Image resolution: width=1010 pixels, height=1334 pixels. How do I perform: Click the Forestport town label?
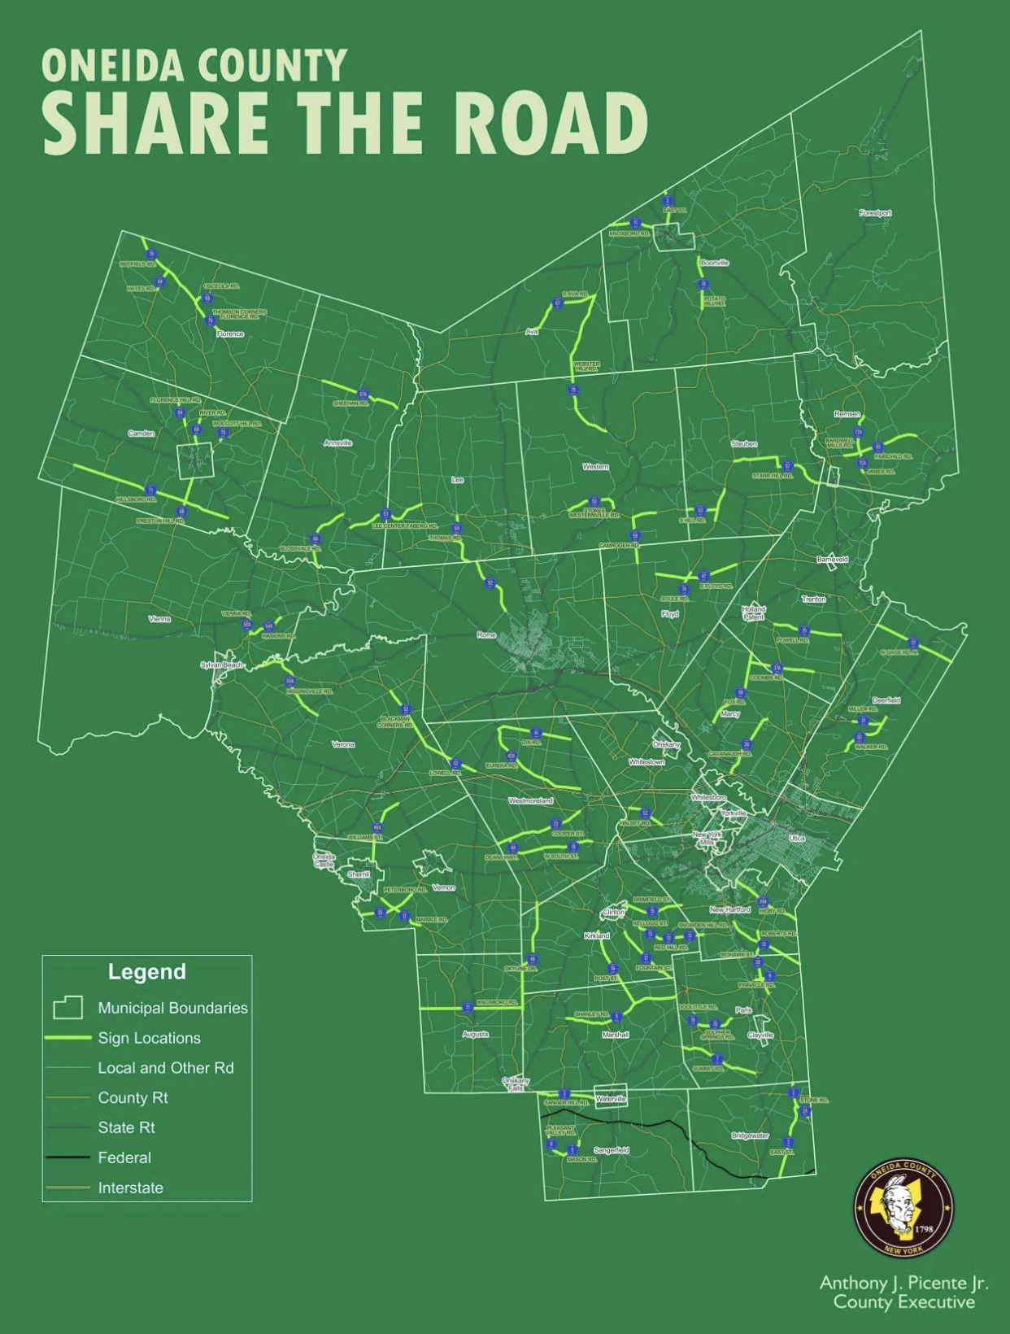click(875, 213)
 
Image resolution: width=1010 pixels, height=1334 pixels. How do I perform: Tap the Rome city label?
click(486, 634)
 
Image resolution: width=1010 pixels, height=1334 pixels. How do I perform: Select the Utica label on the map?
click(796, 838)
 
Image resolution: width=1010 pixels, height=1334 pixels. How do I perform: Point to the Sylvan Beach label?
click(222, 665)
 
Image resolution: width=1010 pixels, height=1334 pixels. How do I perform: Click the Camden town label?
click(141, 434)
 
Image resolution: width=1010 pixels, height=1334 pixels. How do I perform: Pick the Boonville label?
click(715, 263)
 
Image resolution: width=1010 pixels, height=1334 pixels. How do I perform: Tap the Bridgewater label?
click(750, 1136)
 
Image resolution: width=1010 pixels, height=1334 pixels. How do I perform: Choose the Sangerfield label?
click(611, 1150)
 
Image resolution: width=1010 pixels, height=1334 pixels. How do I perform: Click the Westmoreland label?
click(530, 801)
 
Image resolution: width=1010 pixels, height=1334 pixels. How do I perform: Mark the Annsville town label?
click(337, 443)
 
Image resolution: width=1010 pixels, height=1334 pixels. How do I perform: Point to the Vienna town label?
click(159, 619)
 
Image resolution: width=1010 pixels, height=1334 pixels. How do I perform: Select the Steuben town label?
click(743, 444)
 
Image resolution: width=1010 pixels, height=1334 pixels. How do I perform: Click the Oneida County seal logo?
click(903, 1207)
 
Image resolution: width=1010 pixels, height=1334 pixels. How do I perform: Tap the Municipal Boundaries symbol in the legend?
click(68, 1008)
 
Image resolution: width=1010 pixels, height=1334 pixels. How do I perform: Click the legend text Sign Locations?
click(149, 1038)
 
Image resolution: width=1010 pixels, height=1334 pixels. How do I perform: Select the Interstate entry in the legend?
click(130, 1188)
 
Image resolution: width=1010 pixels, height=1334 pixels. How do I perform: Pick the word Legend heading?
click(147, 972)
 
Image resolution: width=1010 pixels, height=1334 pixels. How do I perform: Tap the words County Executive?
click(903, 1302)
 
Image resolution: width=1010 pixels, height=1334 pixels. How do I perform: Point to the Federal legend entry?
click(124, 1157)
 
